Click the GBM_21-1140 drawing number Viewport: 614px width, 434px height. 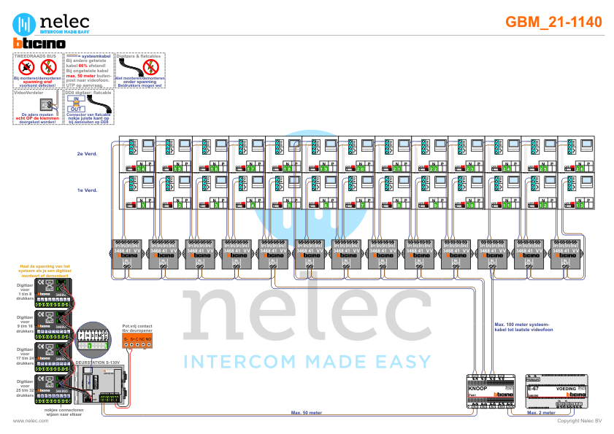(553, 22)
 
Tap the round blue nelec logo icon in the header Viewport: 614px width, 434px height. (26, 23)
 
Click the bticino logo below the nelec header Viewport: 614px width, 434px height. (39, 44)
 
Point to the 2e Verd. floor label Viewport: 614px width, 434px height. (86, 154)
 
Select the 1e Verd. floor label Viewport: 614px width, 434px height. (86, 190)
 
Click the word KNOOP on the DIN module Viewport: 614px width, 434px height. (479, 390)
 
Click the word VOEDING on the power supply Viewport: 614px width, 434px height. (567, 390)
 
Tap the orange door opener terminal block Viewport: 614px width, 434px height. (137, 340)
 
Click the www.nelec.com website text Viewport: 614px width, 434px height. (31, 421)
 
